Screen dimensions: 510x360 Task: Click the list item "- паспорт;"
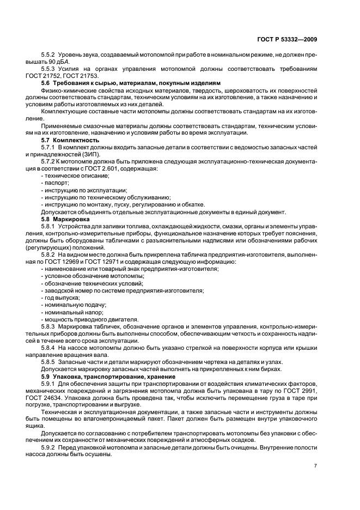[x=54, y=183]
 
